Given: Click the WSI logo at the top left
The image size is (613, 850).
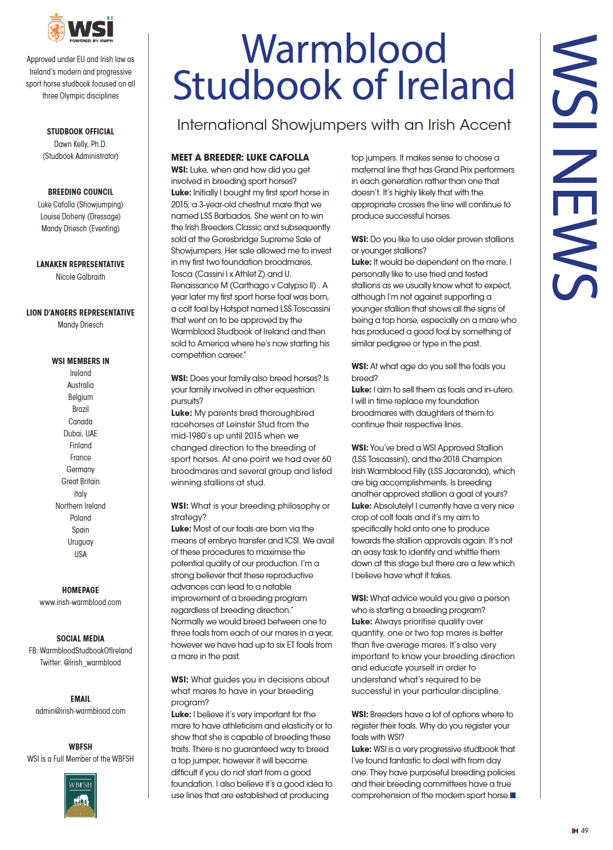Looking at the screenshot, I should pos(80,28).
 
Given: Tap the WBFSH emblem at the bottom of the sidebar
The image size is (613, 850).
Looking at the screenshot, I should pos(80,795).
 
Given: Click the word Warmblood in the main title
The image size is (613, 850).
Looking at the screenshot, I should pos(344,49).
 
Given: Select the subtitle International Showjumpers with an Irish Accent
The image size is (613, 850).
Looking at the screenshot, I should pos(344,125).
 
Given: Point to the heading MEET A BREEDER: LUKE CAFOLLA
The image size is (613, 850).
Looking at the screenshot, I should pos(240,157).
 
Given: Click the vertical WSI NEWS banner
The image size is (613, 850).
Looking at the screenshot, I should pos(574,166).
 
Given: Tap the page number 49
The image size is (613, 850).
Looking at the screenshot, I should pos(585,831).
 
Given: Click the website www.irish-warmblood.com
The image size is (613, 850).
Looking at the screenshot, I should pos(80,602).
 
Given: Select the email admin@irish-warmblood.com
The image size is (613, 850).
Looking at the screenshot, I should pos(80,711).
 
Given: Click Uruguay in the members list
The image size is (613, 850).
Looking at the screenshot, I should pos(80,542).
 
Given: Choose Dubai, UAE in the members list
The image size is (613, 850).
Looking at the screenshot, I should pos(80,434).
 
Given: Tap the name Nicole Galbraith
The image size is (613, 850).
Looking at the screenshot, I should pos(80,277).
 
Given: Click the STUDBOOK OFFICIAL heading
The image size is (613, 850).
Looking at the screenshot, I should pos(80,132).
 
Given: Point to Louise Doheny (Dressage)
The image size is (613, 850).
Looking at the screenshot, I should pos(80,216).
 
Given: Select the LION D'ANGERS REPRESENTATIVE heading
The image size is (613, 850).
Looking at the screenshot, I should pos(80,313).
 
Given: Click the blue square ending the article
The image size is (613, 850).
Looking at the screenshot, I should pos(513,795).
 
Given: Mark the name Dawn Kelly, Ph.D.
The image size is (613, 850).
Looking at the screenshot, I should pos(80,144).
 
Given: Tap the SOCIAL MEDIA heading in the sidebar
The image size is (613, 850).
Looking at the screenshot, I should pos(80,639).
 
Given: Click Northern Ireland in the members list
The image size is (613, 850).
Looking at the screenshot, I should pos(80,506).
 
